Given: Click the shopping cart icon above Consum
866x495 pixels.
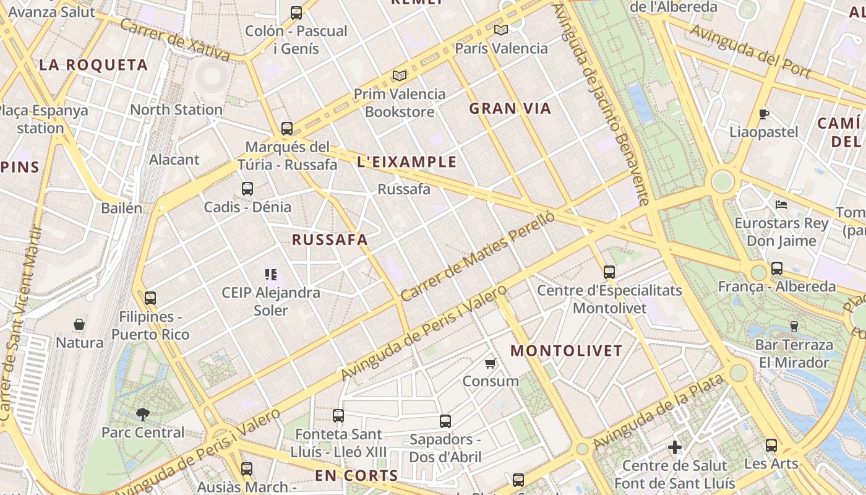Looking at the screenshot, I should pyautogui.click(x=490, y=363).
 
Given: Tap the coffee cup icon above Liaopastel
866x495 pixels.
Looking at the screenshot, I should pyautogui.click(x=764, y=114).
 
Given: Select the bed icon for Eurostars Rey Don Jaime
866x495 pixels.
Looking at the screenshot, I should pyautogui.click(x=781, y=205).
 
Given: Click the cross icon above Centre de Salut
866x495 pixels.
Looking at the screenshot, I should pyautogui.click(x=675, y=447).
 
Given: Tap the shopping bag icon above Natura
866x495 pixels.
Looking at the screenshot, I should pyautogui.click(x=79, y=324).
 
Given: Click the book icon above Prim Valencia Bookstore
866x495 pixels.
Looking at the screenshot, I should pyautogui.click(x=400, y=76).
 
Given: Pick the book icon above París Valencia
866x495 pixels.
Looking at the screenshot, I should pyautogui.click(x=501, y=30).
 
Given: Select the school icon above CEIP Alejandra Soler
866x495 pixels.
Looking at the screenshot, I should pyautogui.click(x=270, y=274).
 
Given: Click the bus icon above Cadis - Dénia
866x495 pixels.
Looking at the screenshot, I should pyautogui.click(x=247, y=189).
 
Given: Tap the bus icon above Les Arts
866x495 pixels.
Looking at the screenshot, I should pyautogui.click(x=771, y=445).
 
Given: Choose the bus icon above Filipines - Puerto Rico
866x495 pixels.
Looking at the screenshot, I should pyautogui.click(x=150, y=298).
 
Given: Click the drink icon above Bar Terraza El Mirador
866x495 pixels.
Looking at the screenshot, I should pyautogui.click(x=794, y=326).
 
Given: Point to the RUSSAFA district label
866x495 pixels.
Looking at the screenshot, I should pyautogui.click(x=330, y=240).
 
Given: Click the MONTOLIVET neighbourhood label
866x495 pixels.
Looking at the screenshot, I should pyautogui.click(x=566, y=351).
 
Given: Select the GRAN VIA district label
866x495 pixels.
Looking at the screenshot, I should pyautogui.click(x=510, y=109).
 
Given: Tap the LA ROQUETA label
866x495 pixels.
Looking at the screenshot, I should pyautogui.click(x=93, y=65).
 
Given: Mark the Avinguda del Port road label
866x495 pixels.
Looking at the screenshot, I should pyautogui.click(x=750, y=51).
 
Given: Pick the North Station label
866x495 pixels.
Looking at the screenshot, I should pyautogui.click(x=176, y=110).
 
